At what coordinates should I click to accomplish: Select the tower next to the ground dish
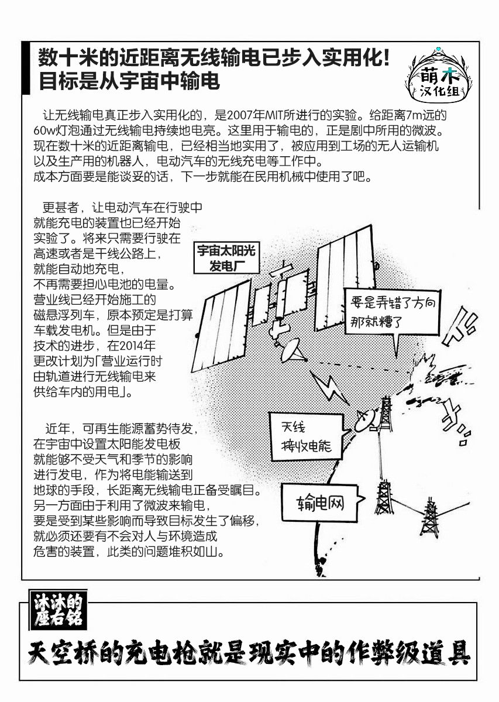[386, 415]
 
